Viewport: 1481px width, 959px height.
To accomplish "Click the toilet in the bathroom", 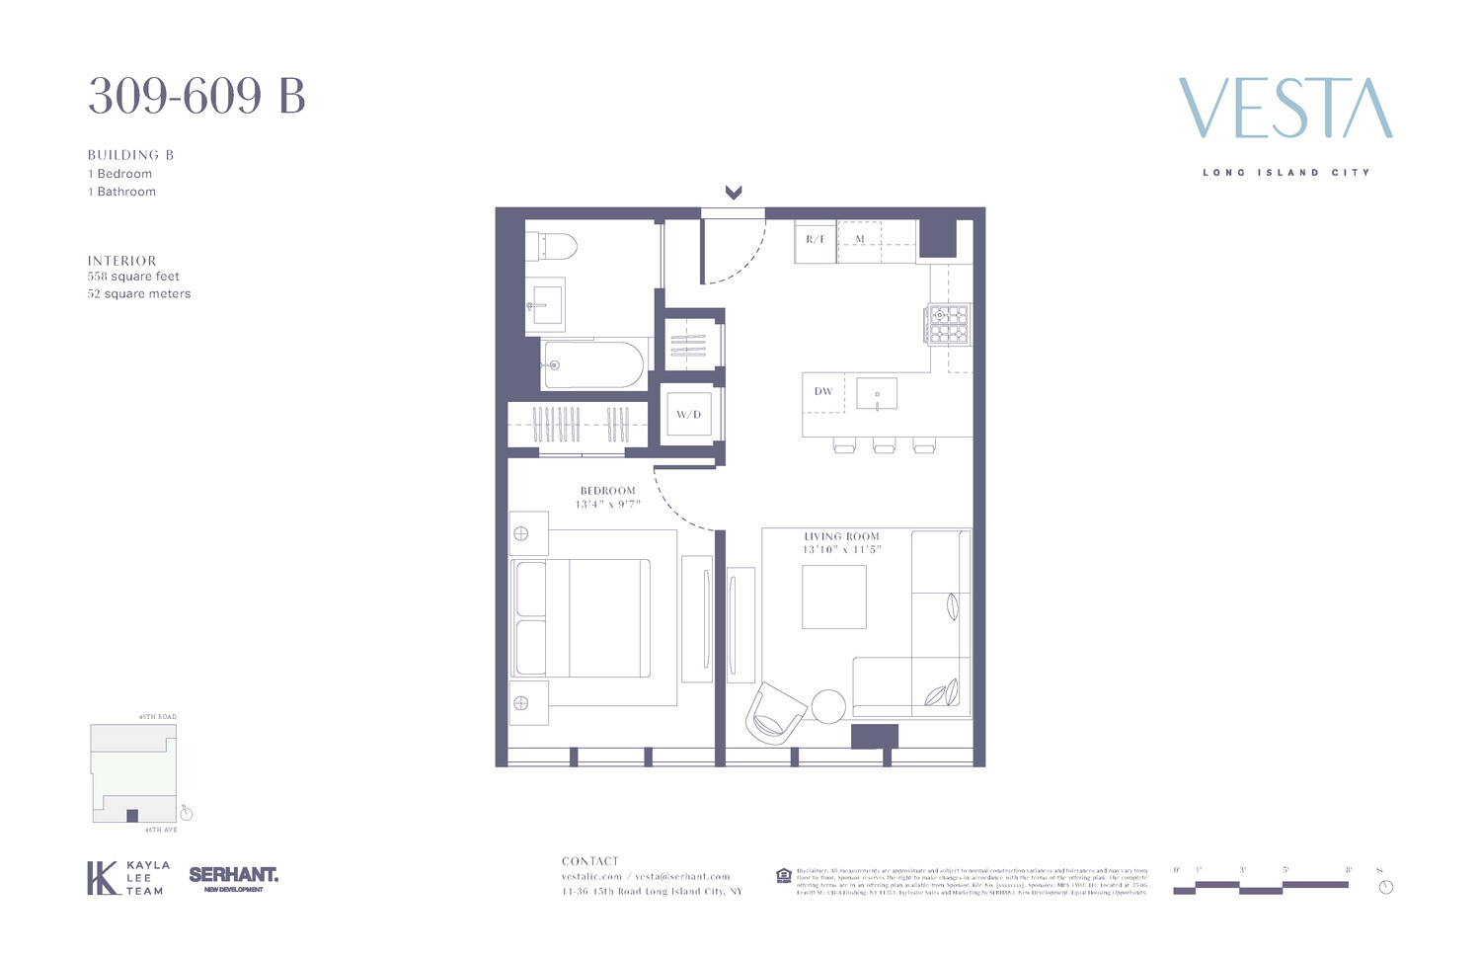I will [552, 245].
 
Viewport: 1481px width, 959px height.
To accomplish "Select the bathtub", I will [593, 364].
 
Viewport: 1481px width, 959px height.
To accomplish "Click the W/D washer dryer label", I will [688, 415].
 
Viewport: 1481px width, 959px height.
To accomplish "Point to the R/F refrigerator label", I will [816, 240].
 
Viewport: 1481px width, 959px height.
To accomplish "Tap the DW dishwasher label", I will [823, 391].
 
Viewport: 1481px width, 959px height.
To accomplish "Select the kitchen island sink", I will [877, 393].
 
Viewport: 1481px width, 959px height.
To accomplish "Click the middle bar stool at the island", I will [884, 446].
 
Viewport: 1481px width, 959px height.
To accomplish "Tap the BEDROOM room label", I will [608, 491].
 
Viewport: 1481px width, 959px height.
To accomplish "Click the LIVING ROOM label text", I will [841, 536].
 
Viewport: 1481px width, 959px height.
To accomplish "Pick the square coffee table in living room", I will [834, 597].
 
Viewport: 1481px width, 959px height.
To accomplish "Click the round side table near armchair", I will [828, 706].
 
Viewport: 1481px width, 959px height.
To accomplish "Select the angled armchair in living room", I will [774, 712].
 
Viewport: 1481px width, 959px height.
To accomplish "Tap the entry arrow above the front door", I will [734, 193].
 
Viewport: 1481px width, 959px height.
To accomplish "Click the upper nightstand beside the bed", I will [529, 534].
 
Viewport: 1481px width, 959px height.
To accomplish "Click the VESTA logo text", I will [1286, 109].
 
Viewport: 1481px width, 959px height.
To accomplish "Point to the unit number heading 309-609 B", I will [196, 97].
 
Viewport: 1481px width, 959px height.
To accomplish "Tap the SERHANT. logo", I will [233, 875].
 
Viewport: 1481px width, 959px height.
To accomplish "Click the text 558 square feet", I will [133, 277].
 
